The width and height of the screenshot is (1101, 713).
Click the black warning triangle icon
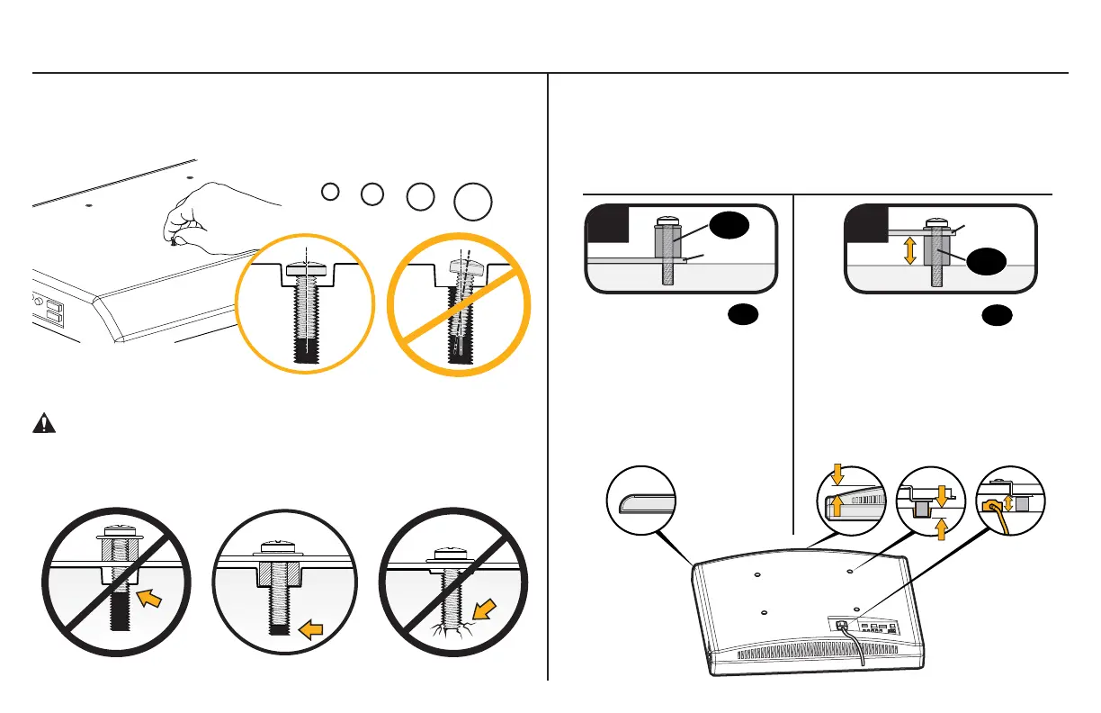(x=41, y=425)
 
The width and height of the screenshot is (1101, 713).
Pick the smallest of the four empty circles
(x=330, y=191)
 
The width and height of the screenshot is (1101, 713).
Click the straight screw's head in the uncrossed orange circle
(x=306, y=270)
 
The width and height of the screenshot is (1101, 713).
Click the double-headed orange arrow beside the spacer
(x=910, y=249)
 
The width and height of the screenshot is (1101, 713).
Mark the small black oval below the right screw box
(x=995, y=314)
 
